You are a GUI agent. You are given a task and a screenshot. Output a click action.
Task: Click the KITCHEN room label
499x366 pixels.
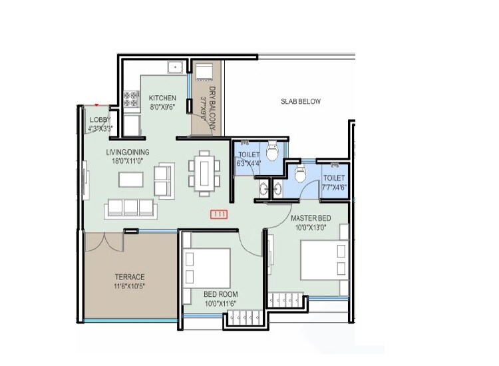pyautogui.click(x=162, y=98)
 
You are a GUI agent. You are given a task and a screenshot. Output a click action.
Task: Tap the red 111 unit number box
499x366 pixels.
pyautogui.click(x=218, y=214)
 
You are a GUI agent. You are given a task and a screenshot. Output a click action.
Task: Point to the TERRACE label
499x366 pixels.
pyautogui.click(x=129, y=277)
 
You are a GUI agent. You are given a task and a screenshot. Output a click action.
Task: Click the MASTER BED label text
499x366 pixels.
pyautogui.click(x=311, y=218)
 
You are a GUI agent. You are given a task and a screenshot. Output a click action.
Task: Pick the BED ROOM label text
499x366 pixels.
pyautogui.click(x=221, y=294)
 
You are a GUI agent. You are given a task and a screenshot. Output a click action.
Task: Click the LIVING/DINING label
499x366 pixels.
pyautogui.click(x=128, y=152)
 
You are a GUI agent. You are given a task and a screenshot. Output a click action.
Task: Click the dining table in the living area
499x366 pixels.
pyautogui.click(x=204, y=173)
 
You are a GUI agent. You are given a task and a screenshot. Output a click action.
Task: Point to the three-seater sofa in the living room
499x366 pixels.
pyautogui.click(x=130, y=208)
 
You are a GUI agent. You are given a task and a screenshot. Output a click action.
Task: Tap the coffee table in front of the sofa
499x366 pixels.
pyautogui.click(x=130, y=180)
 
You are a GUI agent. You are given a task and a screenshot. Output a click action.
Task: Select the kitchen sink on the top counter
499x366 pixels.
pyautogui.click(x=176, y=67)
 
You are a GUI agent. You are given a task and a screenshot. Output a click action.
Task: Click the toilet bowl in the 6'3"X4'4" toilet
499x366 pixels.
pyautogui.click(x=271, y=149)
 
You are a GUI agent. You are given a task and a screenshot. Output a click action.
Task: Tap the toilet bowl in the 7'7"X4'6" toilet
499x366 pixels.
pyautogui.click(x=299, y=175)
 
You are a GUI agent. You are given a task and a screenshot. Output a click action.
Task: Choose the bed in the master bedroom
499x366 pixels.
pyautogui.click(x=323, y=260)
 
